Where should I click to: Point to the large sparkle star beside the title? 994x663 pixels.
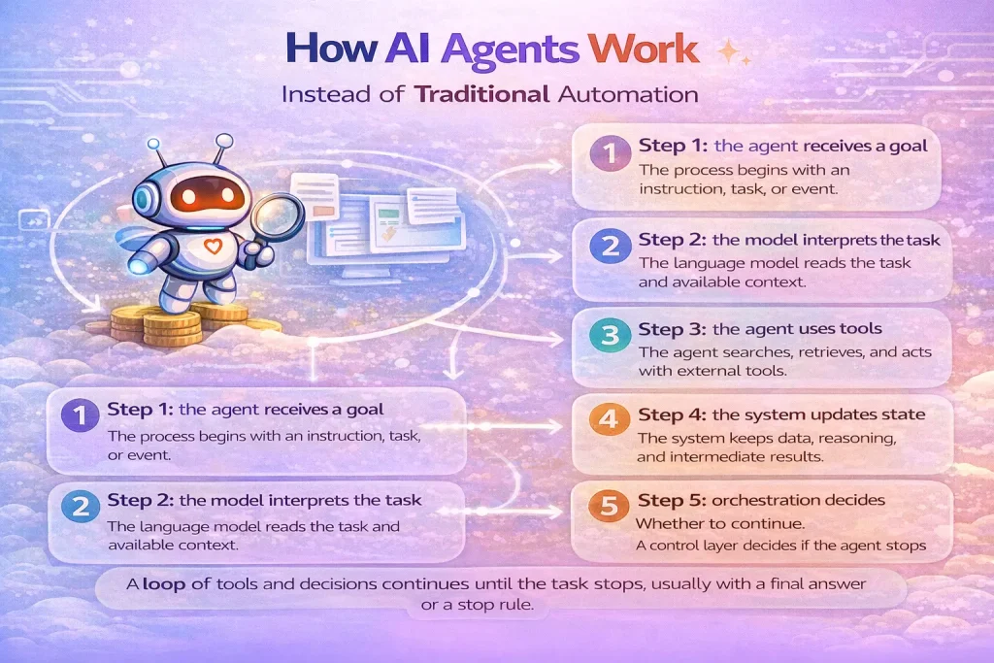(x=727, y=50)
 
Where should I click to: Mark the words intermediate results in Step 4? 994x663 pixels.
(x=773, y=457)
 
